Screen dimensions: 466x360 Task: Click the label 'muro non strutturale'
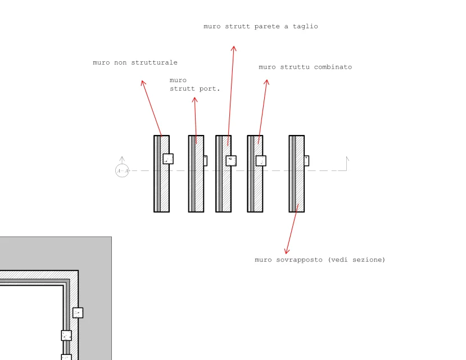135,63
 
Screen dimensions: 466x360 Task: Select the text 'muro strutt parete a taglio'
261,26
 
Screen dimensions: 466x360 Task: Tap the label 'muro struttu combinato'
305,67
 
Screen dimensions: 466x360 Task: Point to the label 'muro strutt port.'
194,84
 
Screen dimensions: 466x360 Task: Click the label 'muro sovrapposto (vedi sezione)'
320,260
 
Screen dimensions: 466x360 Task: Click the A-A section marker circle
122,170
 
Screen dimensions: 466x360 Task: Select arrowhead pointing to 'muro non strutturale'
143,83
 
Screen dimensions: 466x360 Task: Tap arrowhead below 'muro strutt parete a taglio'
234,49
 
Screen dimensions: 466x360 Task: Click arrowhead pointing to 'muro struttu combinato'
266,82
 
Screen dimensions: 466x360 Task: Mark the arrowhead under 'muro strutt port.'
194,100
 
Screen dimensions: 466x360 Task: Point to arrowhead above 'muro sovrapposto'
287,251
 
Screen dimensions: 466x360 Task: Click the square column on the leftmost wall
168,159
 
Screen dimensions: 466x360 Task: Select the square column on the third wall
231,161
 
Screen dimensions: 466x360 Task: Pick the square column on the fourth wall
261,161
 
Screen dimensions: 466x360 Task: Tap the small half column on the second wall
205,161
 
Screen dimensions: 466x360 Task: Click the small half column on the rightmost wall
307,161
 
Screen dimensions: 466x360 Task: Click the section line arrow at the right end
347,159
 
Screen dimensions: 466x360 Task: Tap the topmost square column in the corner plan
78,313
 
